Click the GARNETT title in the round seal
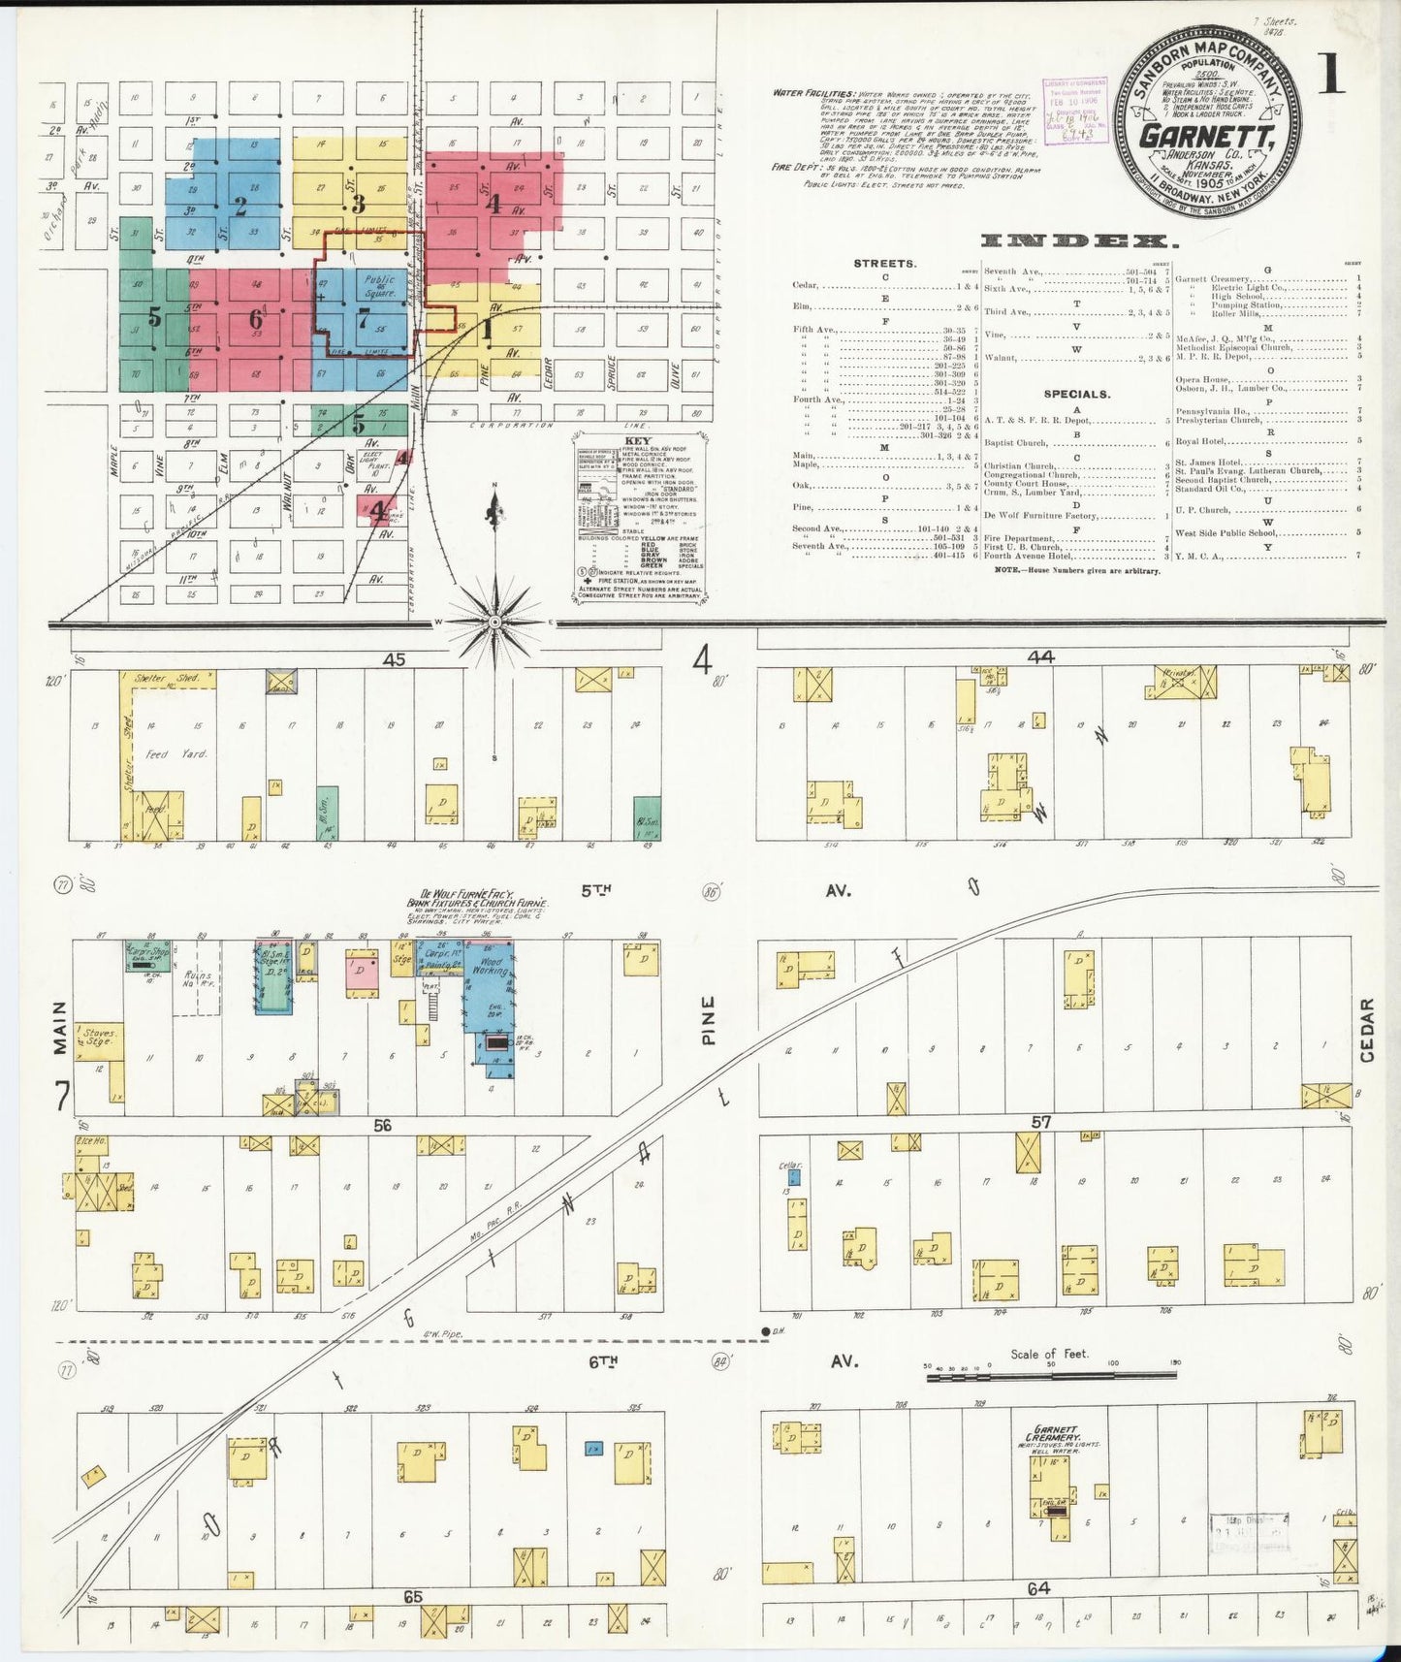pyautogui.click(x=1206, y=136)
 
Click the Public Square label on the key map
pyautogui.click(x=379, y=286)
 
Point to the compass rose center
pyautogui.click(x=495, y=621)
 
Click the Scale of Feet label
pyautogui.click(x=1048, y=1355)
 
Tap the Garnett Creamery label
pyautogui.click(x=1053, y=1434)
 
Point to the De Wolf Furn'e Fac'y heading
pyautogui.click(x=477, y=895)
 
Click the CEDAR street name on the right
pyautogui.click(x=1367, y=1031)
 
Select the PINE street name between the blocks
pyautogui.click(x=709, y=1020)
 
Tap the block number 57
pyautogui.click(x=1041, y=1122)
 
